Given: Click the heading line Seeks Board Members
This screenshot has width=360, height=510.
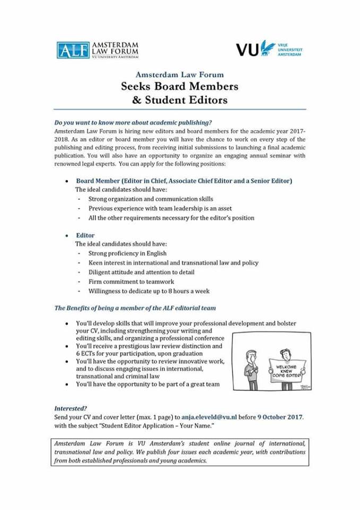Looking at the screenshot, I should click(179, 87).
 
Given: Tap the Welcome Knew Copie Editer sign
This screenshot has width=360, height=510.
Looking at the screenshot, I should click(286, 368).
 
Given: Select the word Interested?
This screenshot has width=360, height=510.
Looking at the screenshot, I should click(71, 409).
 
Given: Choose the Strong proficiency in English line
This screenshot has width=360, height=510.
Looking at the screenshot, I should click(127, 253).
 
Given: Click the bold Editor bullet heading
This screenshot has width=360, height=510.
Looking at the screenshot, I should click(85, 235).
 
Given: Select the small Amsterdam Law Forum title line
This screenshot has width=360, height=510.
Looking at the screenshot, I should click(179, 74).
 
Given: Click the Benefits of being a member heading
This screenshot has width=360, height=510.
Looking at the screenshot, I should click(135, 308).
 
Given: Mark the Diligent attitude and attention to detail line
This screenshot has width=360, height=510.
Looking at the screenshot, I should click(141, 272).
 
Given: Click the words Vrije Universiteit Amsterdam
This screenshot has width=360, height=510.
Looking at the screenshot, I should click(290, 50).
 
